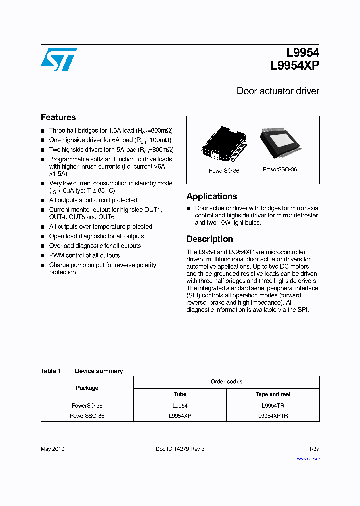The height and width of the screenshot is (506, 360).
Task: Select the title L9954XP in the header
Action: coord(295,66)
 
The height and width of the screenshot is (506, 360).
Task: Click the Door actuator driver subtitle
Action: coord(277,91)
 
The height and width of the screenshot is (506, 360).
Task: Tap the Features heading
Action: coord(58,117)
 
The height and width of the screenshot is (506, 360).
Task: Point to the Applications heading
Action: coord(212,196)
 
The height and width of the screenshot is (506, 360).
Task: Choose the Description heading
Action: coord(210,239)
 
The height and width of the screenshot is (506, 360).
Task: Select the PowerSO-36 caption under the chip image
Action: coord(224,171)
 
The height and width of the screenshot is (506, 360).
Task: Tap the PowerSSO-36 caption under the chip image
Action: coord(280,170)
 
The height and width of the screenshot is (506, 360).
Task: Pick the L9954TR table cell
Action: coord(273,406)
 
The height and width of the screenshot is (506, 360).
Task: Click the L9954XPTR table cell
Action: coord(273,416)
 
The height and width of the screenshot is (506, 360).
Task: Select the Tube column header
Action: coord(180,394)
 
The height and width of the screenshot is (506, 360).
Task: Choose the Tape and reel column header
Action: coord(273,394)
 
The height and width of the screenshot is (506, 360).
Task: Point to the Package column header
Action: coord(87,388)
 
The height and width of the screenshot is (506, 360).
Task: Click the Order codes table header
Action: coord(226,382)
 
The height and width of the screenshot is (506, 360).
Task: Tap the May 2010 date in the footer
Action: coord(52,449)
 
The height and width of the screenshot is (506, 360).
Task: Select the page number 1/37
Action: coord(313,449)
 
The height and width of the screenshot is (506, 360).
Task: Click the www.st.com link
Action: coord(308,459)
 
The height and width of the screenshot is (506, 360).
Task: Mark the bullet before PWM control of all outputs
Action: coord(43,256)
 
